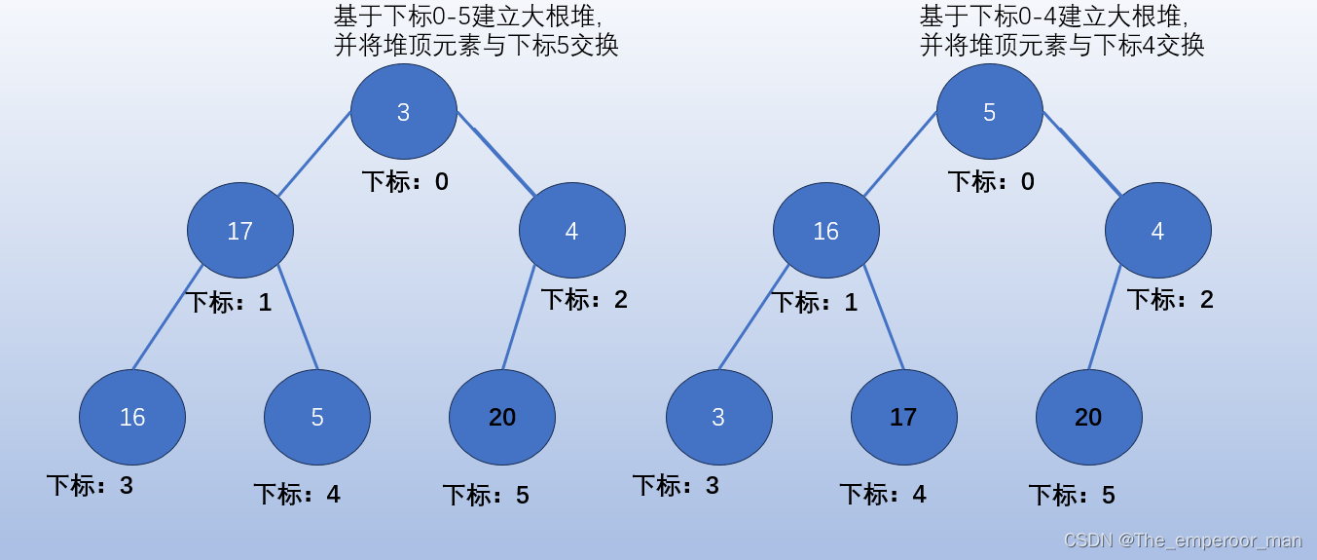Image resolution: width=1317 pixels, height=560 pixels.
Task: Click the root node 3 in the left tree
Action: [x=404, y=112]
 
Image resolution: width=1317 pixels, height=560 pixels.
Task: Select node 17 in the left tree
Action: [x=240, y=231]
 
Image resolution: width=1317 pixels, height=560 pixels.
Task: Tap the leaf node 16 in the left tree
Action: [x=132, y=417]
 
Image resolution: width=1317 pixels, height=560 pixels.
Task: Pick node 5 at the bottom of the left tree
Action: [x=317, y=417]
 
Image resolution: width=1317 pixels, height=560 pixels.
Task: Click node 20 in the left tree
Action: [x=502, y=417]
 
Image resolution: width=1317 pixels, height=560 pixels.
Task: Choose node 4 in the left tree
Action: [x=572, y=231]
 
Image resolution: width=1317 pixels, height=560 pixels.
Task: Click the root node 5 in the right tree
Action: [x=990, y=112]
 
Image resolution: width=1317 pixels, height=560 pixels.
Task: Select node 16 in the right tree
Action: [x=826, y=231]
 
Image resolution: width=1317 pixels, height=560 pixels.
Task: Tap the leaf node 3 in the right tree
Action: [x=719, y=417]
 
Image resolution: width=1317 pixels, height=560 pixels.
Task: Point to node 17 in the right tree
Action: [x=904, y=417]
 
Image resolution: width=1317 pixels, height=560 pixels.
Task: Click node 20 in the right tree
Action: [x=1089, y=417]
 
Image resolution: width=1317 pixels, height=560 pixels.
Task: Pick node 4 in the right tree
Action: [x=1158, y=231]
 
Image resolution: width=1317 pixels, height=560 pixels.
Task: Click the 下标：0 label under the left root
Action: [x=405, y=182]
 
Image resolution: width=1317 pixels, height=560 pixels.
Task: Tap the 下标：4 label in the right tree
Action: [x=883, y=495]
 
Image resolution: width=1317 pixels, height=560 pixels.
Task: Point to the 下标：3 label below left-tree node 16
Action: [x=90, y=485]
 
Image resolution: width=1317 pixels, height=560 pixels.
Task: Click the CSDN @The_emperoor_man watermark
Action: [x=1183, y=541]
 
